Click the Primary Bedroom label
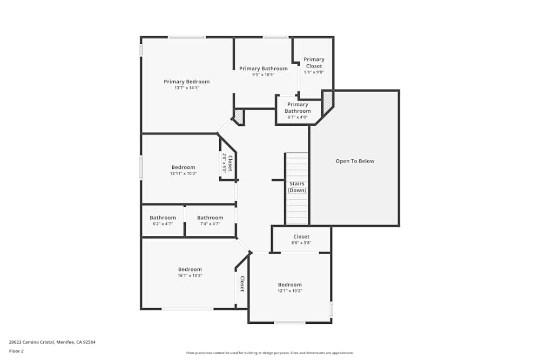tap(186, 81)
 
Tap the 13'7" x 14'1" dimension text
tap(186, 87)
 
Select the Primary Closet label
tap(314, 63)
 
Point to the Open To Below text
tap(355, 161)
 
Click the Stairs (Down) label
tap(296, 187)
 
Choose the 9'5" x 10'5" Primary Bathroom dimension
tap(263, 74)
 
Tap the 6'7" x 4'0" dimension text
tap(298, 117)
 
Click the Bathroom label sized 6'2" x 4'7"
tap(163, 218)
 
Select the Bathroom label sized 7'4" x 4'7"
tap(210, 218)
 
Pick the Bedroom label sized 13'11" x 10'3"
tap(183, 167)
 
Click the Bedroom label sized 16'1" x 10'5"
tap(190, 269)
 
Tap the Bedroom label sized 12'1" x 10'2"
tap(290, 284)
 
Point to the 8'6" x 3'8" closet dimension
tap(301, 243)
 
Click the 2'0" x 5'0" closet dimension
tap(224, 163)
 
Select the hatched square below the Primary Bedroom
tap(239, 117)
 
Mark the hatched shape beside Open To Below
tap(327, 101)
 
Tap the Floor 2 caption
tap(16, 351)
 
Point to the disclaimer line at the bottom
tap(270, 353)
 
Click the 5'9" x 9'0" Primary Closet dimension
tap(314, 72)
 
